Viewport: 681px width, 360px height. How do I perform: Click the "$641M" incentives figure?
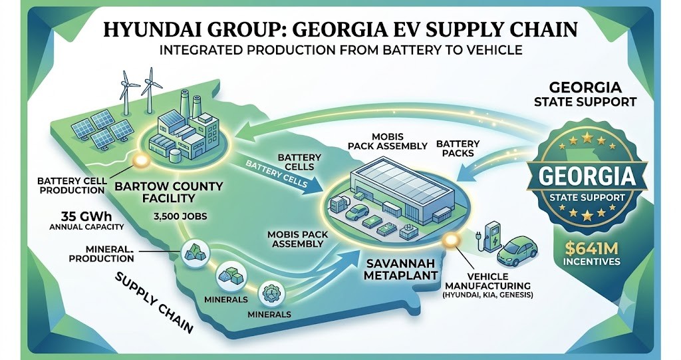pyautogui.click(x=591, y=249)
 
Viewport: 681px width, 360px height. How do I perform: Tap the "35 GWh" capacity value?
pyautogui.click(x=86, y=216)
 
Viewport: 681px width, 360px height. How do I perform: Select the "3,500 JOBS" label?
pyautogui.click(x=180, y=216)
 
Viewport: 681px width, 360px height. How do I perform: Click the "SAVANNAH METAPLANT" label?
pyautogui.click(x=400, y=269)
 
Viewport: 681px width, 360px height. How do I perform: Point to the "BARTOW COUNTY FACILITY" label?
pyautogui.click(x=168, y=192)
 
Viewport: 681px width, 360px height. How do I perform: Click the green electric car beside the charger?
pyautogui.click(x=517, y=252)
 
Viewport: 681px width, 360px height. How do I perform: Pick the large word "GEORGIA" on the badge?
pyautogui.click(x=587, y=176)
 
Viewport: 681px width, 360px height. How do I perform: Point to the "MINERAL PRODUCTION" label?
pyautogui.click(x=101, y=254)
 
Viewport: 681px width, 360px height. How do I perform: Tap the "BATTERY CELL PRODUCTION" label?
pyautogui.click(x=70, y=185)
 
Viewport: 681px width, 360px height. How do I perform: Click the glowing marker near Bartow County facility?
pyautogui.click(x=141, y=161)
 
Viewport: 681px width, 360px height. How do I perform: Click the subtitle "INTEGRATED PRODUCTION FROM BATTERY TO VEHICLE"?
pyautogui.click(x=341, y=50)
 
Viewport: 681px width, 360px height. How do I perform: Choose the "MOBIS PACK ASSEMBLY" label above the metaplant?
pyautogui.click(x=388, y=141)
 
